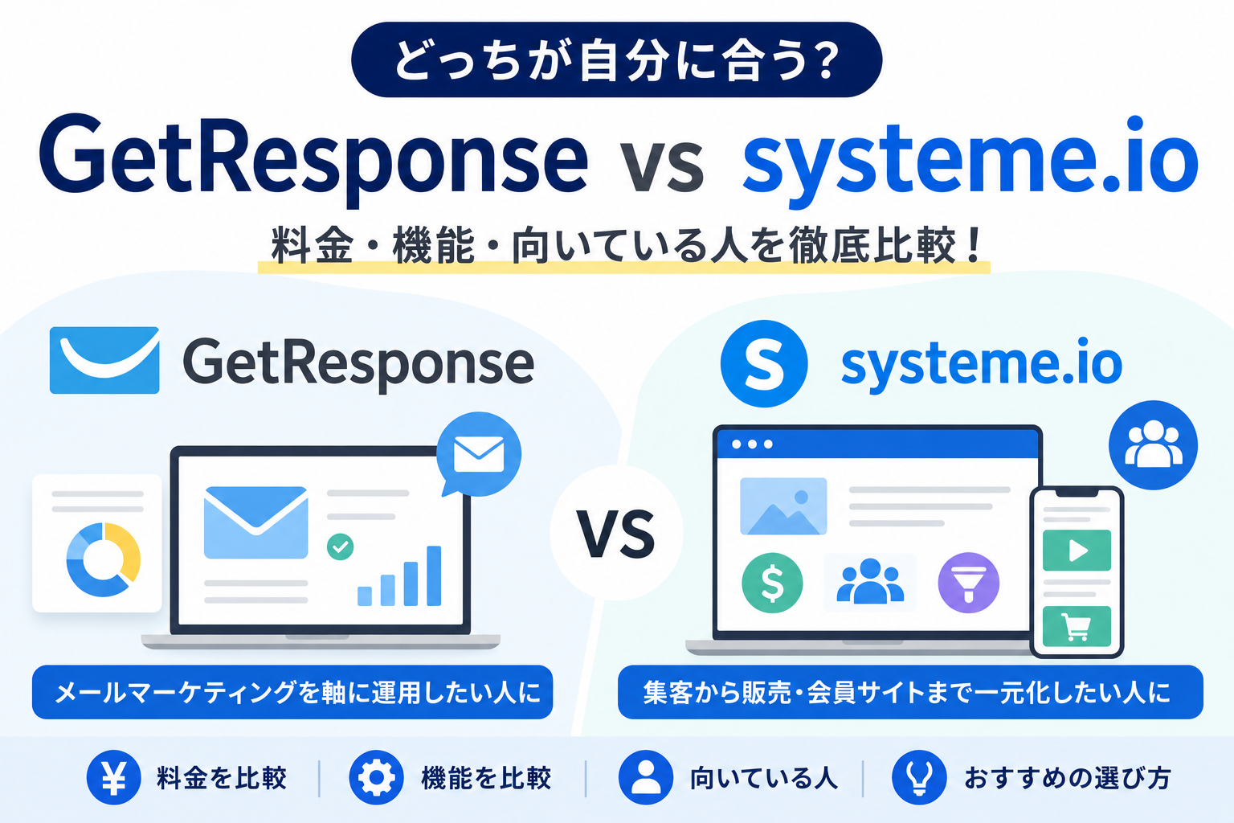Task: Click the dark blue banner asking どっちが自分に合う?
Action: coord(616,59)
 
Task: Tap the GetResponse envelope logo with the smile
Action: coord(104,360)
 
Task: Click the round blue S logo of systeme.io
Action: coord(764,364)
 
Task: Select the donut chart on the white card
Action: coord(104,559)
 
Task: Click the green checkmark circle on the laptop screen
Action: coord(341,547)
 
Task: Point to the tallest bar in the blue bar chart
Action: coord(434,576)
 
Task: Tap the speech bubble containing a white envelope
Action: coord(478,454)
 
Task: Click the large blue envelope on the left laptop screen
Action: coord(255,522)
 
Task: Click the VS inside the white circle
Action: coord(616,534)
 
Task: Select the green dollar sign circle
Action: coord(772,583)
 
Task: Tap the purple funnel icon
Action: coord(968,583)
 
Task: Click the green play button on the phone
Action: coord(1077,550)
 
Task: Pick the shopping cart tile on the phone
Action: coord(1077,626)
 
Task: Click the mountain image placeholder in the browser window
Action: coord(783,506)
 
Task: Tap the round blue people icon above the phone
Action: coord(1153,444)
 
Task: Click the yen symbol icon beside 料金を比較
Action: coord(113,777)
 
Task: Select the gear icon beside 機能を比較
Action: coord(376,777)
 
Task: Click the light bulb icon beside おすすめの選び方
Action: coord(919,777)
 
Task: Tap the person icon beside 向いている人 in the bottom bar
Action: coord(646,777)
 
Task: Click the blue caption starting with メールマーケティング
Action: coord(292,692)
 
